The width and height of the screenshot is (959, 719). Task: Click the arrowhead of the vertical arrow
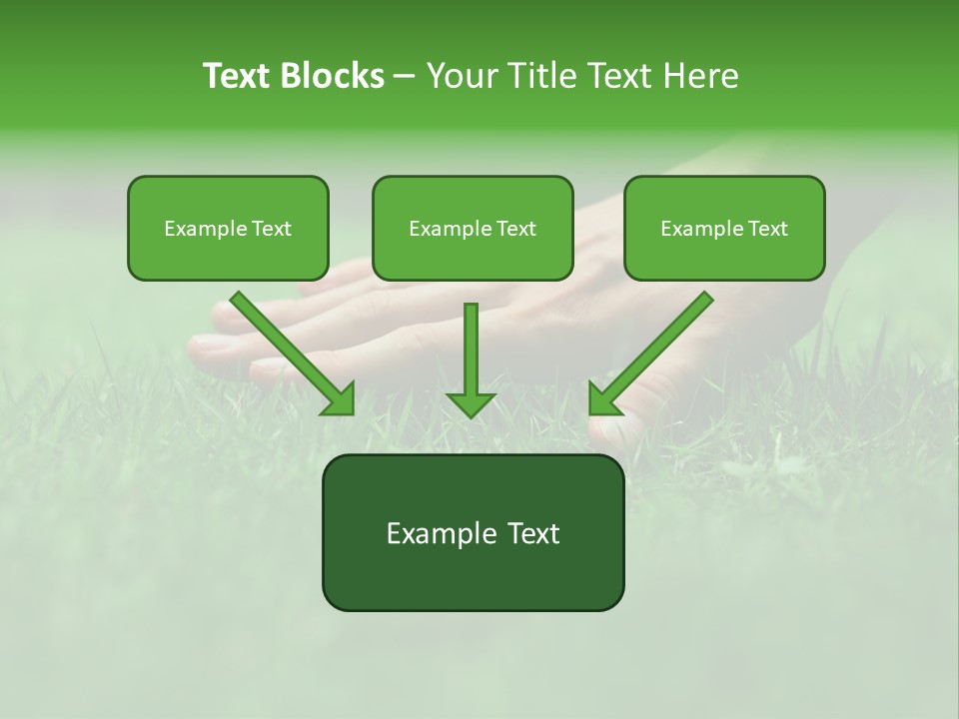(x=471, y=403)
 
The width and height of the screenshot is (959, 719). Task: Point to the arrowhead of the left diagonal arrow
(x=340, y=399)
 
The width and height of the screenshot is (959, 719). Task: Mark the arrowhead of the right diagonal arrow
(x=602, y=399)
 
